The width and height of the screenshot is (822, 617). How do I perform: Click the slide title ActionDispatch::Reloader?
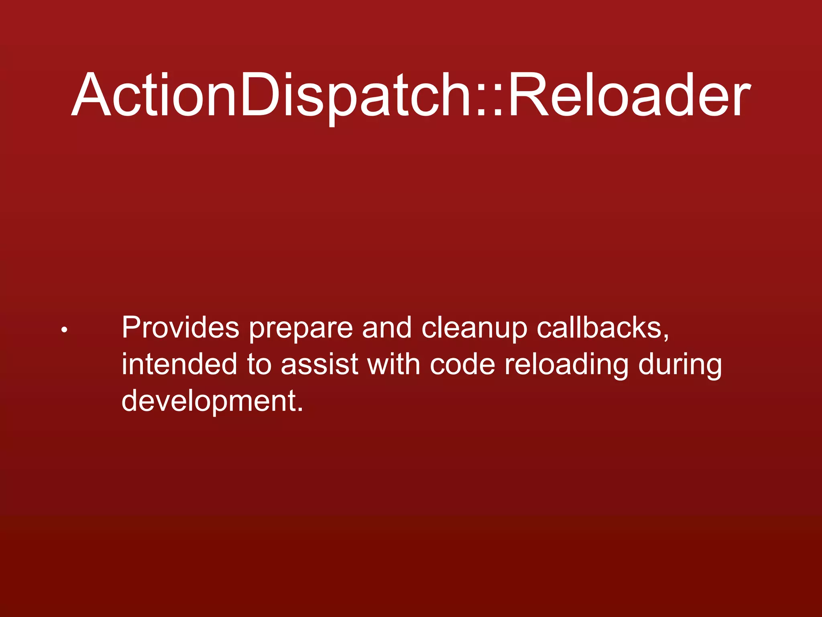[411, 95]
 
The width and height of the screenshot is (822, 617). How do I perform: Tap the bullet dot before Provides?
[64, 331]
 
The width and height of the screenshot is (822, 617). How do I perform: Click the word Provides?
[180, 328]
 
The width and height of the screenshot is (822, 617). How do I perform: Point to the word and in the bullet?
[387, 328]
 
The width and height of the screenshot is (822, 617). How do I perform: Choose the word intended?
[179, 364]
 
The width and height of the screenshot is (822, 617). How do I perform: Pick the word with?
[394, 364]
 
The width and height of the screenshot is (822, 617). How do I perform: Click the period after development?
[299, 410]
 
